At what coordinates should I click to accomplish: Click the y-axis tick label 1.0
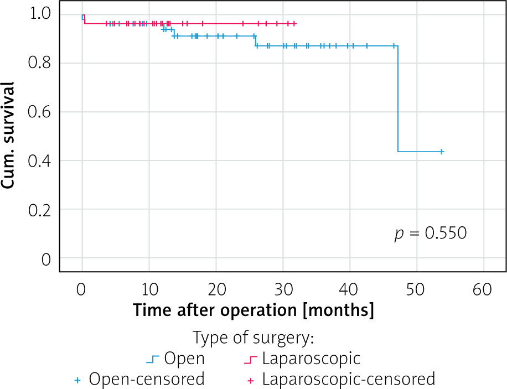tap(40, 13)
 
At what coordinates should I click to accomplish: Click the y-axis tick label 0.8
tap(40, 63)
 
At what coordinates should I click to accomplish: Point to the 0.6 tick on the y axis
tap(40, 112)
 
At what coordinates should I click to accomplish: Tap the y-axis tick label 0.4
tap(40, 161)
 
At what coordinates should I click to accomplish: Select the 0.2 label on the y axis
tap(40, 210)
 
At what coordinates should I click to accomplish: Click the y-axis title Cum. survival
tap(9, 136)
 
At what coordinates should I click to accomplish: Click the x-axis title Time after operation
tap(253, 310)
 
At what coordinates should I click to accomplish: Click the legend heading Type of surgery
tap(253, 338)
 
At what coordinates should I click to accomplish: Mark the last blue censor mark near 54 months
tap(441, 152)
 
